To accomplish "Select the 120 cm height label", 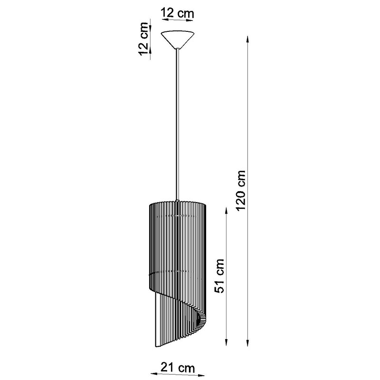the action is tap(241, 191).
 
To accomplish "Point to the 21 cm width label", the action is tap(178, 368).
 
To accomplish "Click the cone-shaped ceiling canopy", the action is tap(179, 39).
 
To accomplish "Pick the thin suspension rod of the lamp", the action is tap(178, 124).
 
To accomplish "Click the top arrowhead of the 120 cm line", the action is tap(247, 39).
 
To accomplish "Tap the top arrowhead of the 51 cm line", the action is tap(227, 211).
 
